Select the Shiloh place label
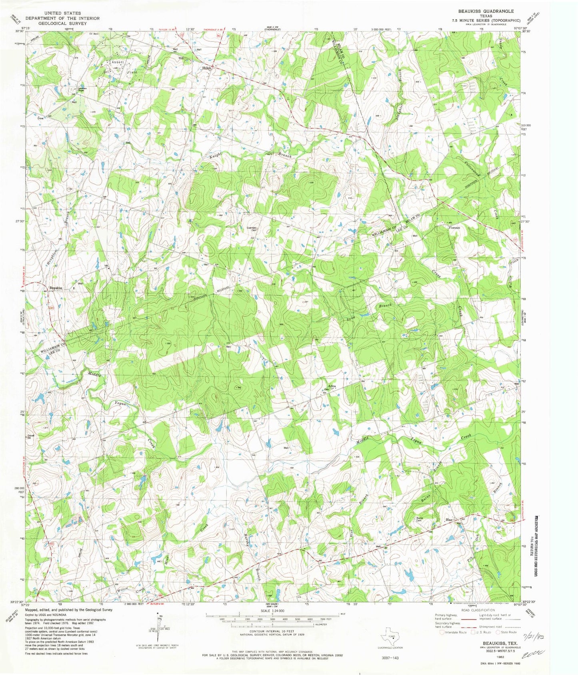(206, 68)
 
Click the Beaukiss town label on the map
(56, 288)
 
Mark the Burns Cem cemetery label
(419, 519)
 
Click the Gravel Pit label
(29, 437)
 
